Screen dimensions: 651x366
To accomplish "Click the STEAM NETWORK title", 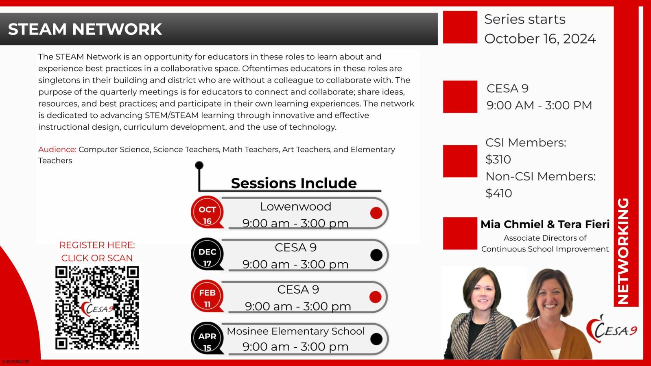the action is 85,29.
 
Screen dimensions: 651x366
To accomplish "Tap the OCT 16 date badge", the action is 207,212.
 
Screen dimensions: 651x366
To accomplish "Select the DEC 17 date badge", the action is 207,254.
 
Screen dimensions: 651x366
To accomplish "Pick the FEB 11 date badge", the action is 207,296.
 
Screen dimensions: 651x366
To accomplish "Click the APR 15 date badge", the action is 207,338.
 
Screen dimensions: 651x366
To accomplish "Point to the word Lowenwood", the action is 295,207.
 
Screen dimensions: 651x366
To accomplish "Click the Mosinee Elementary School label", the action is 295,331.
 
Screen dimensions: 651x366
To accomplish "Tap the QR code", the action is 97,308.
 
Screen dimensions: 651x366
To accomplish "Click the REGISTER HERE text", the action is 97,245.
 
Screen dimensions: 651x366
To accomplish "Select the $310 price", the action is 498,159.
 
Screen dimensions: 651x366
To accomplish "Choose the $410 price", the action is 499,193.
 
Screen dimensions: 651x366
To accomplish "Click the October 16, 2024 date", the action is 540,39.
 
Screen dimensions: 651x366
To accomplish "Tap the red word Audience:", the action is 57,149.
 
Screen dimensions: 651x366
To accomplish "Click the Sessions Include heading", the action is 294,183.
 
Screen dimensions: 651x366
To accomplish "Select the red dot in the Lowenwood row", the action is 376,213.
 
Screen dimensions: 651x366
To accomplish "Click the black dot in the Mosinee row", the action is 376,339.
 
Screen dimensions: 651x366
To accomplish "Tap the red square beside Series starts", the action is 460,27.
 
